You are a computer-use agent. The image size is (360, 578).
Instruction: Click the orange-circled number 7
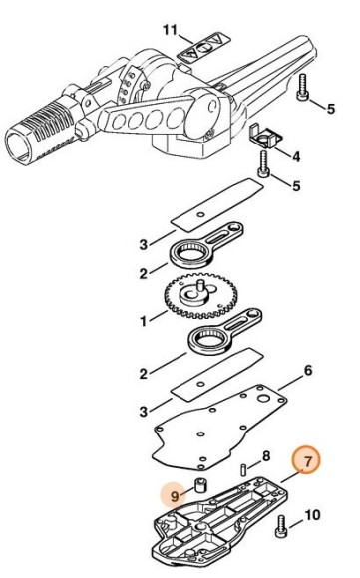tap(307, 460)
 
